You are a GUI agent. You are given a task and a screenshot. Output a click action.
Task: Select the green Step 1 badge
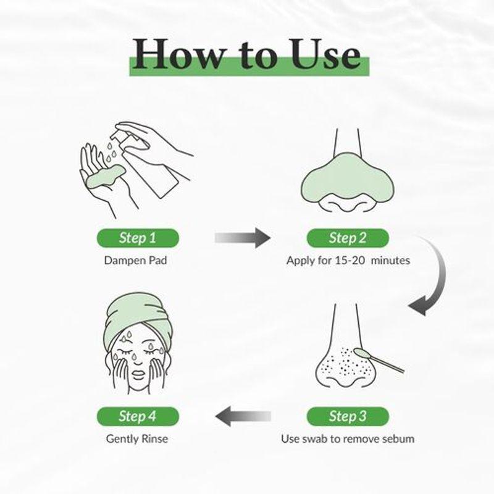coord(138,238)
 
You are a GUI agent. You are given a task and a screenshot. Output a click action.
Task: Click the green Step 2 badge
coord(348,238)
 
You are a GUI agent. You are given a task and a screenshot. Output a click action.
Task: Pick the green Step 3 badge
coord(348,416)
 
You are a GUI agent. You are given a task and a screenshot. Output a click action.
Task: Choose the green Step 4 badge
coord(138,416)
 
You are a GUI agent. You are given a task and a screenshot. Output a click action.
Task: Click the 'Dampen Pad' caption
coord(136,260)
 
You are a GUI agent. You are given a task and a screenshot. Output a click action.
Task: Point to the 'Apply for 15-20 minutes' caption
coord(348,260)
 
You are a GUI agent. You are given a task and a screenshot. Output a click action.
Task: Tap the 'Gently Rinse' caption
coord(136,439)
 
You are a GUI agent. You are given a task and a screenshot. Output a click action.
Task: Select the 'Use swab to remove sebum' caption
coord(348,439)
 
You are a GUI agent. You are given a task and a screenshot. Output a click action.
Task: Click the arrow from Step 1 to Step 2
coord(243,237)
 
